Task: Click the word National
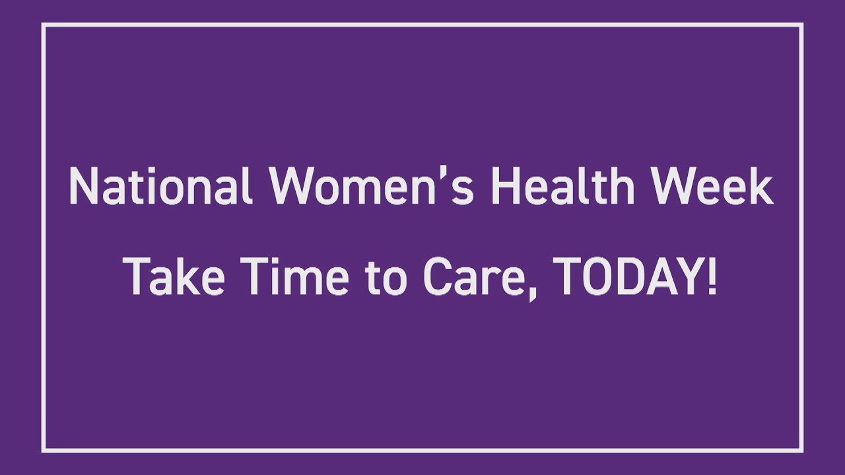pyautogui.click(x=160, y=186)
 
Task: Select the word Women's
pyautogui.click(x=371, y=186)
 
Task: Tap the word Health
pyautogui.click(x=562, y=186)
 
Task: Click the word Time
pyautogui.click(x=295, y=277)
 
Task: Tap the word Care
pyautogui.click(x=474, y=277)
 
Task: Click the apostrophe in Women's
pyautogui.click(x=449, y=173)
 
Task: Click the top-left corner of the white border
pyautogui.click(x=44, y=25)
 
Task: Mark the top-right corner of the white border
pyautogui.click(x=801, y=25)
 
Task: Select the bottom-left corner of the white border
pyautogui.click(x=44, y=451)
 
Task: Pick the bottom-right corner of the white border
pyautogui.click(x=801, y=451)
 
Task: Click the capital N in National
pyautogui.click(x=81, y=186)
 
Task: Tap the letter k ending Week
pyautogui.click(x=760, y=186)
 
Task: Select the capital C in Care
pyautogui.click(x=436, y=277)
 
